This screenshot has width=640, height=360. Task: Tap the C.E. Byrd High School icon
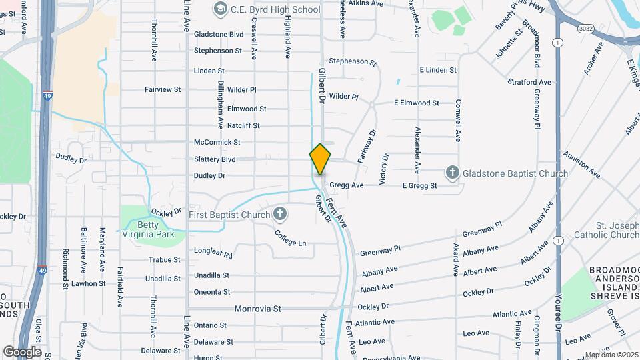[x=220, y=9]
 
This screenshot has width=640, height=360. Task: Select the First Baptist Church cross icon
[x=281, y=214]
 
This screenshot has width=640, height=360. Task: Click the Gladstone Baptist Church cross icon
[x=453, y=173]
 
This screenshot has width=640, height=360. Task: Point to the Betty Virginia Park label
[x=147, y=229]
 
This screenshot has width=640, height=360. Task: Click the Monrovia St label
[x=258, y=309]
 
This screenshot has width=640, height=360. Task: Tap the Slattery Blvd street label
[x=215, y=159]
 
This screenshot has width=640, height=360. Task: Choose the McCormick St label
[x=217, y=142]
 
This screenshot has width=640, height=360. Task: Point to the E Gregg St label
[x=419, y=186]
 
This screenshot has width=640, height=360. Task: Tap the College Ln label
[x=291, y=238]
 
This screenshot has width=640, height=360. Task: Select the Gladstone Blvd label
[x=219, y=34]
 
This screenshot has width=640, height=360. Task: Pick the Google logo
[x=22, y=351]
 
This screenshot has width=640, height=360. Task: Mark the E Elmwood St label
[x=416, y=103]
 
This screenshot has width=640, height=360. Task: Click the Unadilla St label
[x=211, y=275]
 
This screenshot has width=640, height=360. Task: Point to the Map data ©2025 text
[x=611, y=355]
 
